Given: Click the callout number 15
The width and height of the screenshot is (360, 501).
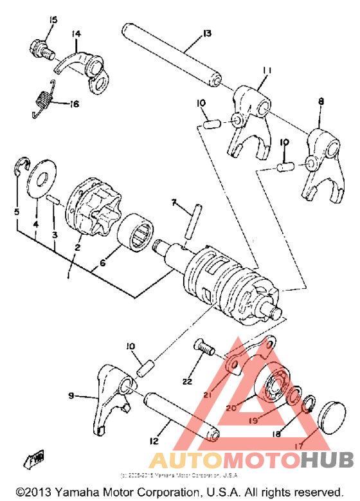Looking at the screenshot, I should tap(53, 20).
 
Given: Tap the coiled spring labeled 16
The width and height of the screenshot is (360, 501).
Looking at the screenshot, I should tap(42, 100).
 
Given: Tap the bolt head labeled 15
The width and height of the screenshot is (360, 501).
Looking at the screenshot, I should tap(39, 48).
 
